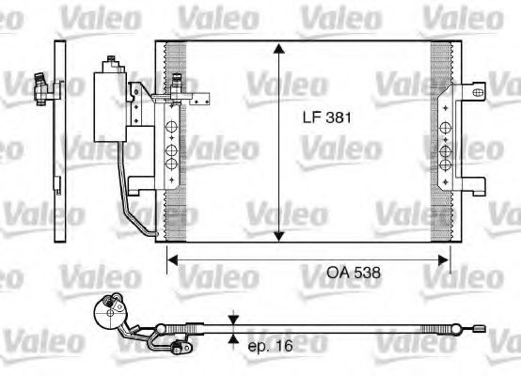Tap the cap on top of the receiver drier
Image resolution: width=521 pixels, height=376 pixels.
tap(113, 63)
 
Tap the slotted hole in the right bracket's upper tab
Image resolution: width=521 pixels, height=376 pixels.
tap(477, 91)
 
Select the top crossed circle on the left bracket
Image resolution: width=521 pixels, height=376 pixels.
tap(172, 129)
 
